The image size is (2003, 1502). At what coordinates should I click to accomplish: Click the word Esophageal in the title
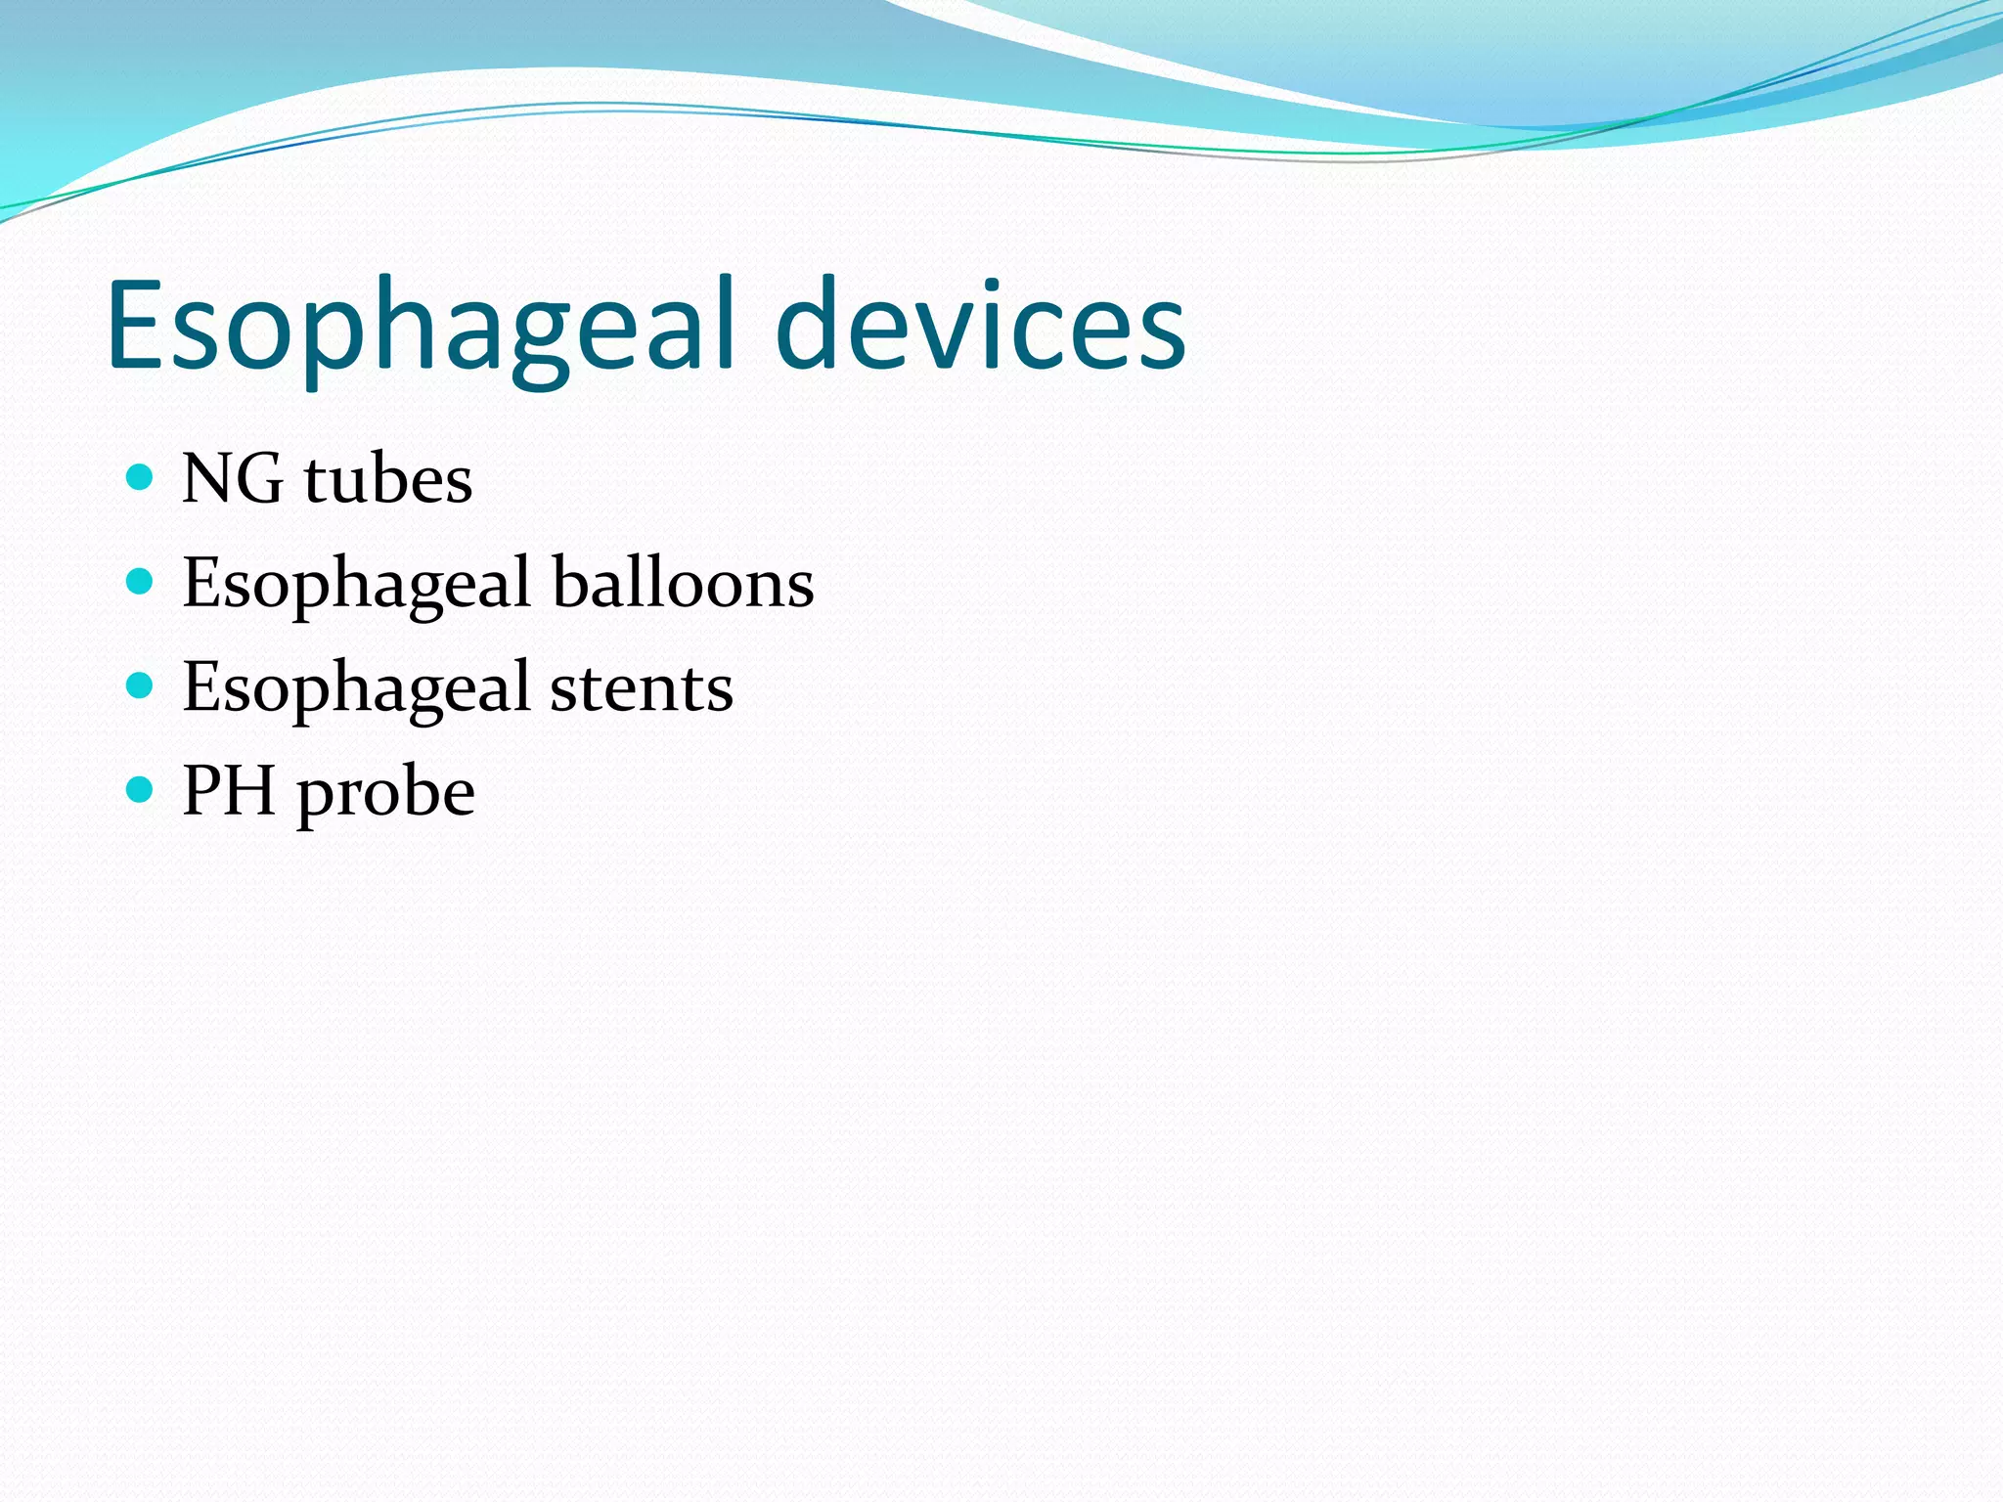click(421, 328)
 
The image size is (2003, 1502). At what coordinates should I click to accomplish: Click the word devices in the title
click(981, 328)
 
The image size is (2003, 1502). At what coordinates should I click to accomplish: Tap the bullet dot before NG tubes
click(141, 477)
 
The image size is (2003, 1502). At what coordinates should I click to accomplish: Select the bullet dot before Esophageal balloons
click(141, 582)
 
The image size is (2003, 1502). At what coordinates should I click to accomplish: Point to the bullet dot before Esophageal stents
click(141, 685)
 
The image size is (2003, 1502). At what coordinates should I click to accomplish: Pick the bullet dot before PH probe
click(141, 789)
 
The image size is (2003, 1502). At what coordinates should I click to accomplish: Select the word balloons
click(683, 583)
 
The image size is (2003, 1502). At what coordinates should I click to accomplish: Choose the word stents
click(641, 687)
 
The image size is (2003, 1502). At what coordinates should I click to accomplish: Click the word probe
click(386, 792)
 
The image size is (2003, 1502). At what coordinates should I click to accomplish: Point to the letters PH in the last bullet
click(229, 790)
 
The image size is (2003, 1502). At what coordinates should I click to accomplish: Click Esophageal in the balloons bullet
click(357, 585)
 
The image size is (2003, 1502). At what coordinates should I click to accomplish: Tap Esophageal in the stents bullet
click(357, 688)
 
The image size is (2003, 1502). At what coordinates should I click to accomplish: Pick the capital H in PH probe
click(251, 790)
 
